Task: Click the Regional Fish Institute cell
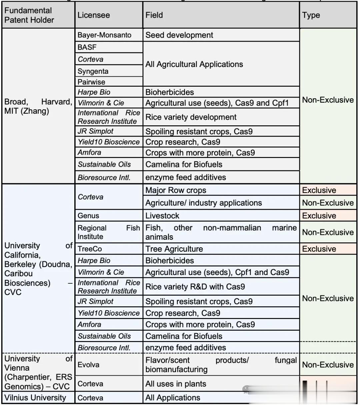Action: click(x=109, y=232)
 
